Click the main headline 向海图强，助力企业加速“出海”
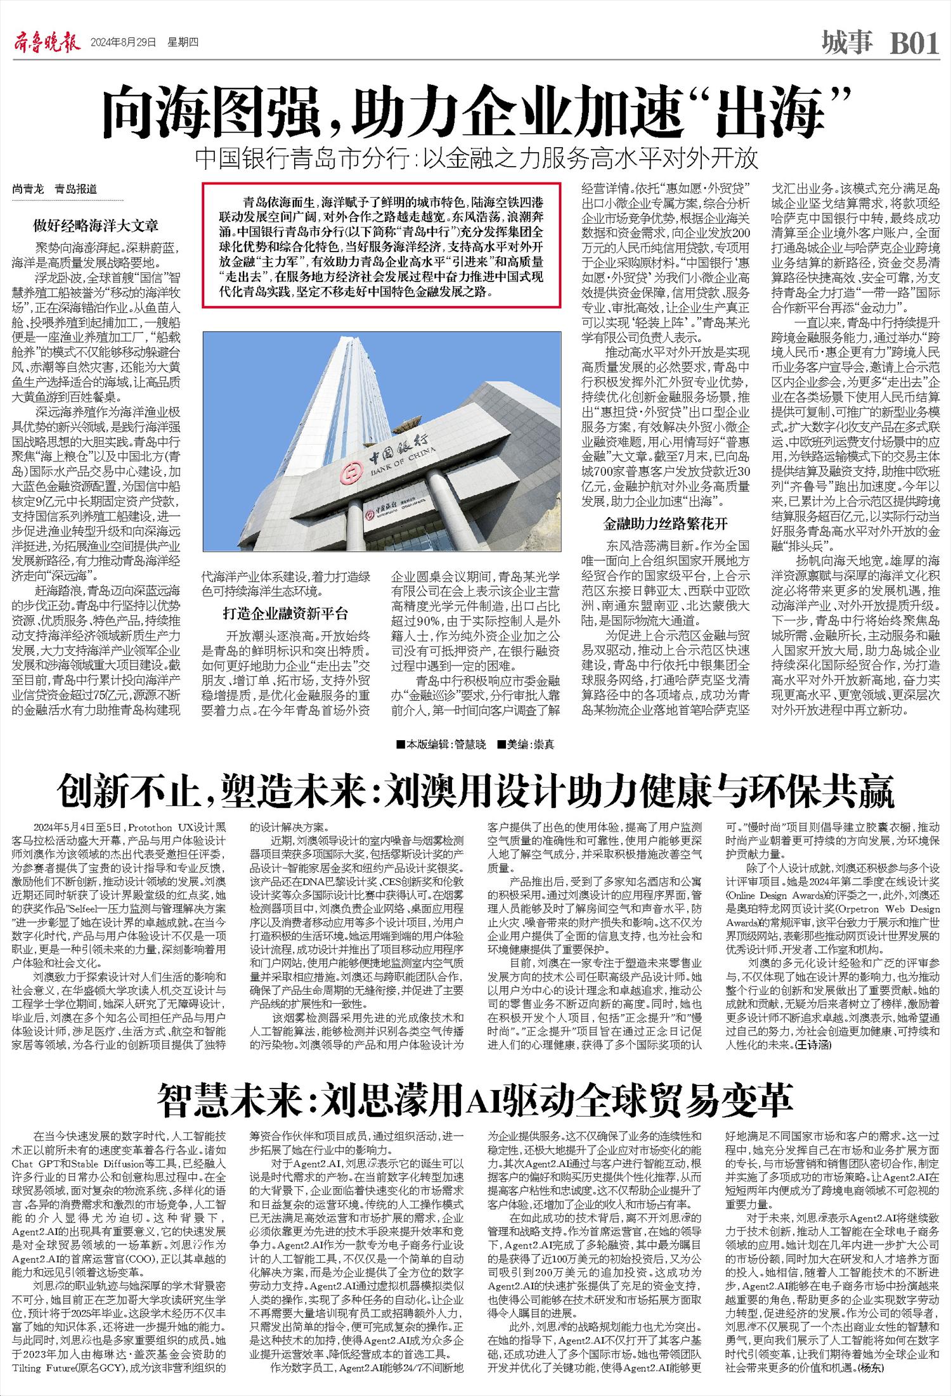476,112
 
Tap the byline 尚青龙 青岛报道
55,189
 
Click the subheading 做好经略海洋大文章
96,225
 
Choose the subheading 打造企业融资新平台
286,613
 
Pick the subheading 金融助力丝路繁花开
665,524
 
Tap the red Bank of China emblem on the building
351,475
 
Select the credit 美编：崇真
526,745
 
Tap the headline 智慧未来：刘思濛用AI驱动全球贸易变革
476,1103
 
